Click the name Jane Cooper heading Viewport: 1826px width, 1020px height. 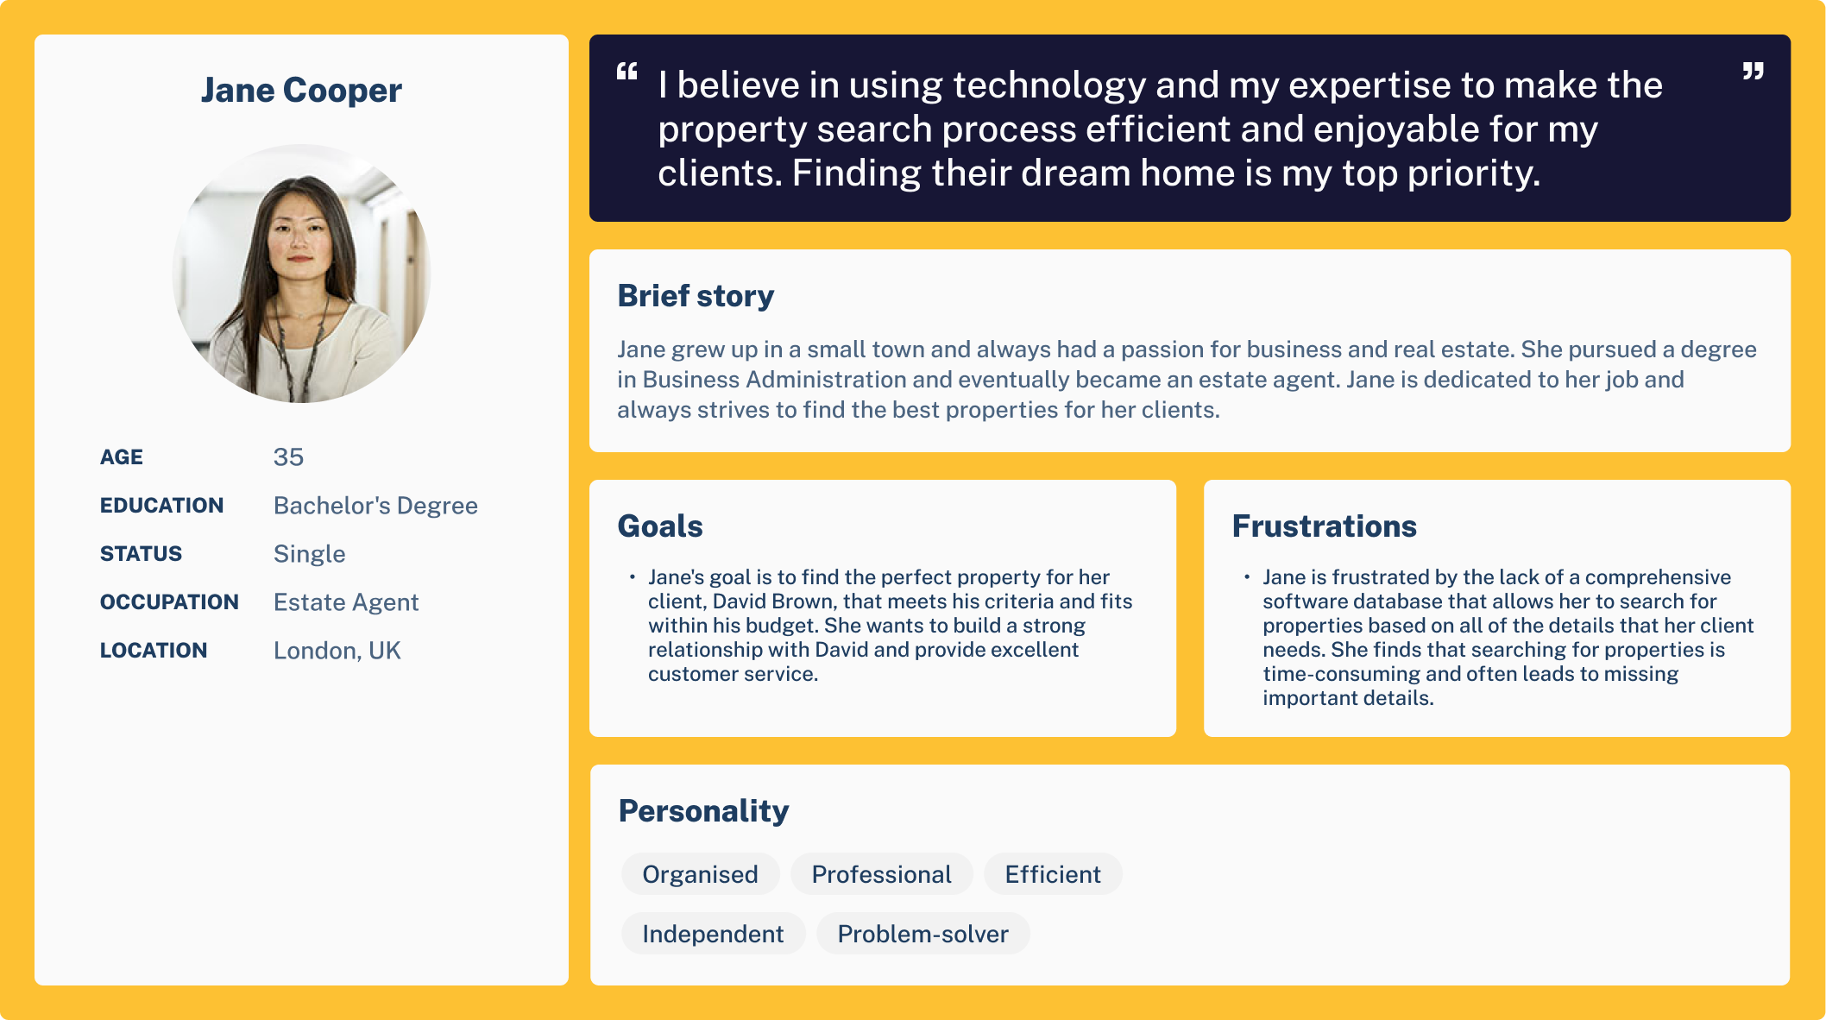pyautogui.click(x=301, y=91)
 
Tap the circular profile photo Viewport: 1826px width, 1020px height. pyautogui.click(x=301, y=274)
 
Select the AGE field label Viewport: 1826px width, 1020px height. pyautogui.click(x=122, y=457)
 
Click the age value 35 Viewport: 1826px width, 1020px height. pyautogui.click(x=288, y=457)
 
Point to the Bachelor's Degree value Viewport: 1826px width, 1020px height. pyautogui.click(x=375, y=506)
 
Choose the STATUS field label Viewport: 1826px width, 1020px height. pyautogui.click(x=141, y=554)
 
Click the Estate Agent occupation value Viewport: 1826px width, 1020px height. pyautogui.click(x=346, y=602)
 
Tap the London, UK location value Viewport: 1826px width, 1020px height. pyautogui.click(x=337, y=651)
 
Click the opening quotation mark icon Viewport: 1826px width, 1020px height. pyautogui.click(x=627, y=72)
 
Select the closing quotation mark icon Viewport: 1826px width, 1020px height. pyautogui.click(x=1753, y=72)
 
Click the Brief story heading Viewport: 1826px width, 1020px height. pyautogui.click(x=696, y=296)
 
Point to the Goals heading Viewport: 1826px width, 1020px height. pyautogui.click(x=660, y=526)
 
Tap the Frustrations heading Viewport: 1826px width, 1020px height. pyautogui.click(x=1324, y=526)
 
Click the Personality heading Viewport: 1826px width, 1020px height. pyautogui.click(x=703, y=811)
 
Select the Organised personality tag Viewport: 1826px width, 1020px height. pyautogui.click(x=700, y=874)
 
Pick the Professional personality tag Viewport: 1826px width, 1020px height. pyautogui.click(x=881, y=874)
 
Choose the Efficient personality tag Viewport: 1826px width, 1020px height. pyautogui.click(x=1053, y=874)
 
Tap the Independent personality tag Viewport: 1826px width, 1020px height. pyautogui.click(x=713, y=934)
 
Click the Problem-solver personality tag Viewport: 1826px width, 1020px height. pyautogui.click(x=922, y=934)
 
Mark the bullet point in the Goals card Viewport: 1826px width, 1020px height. pyautogui.click(x=633, y=576)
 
